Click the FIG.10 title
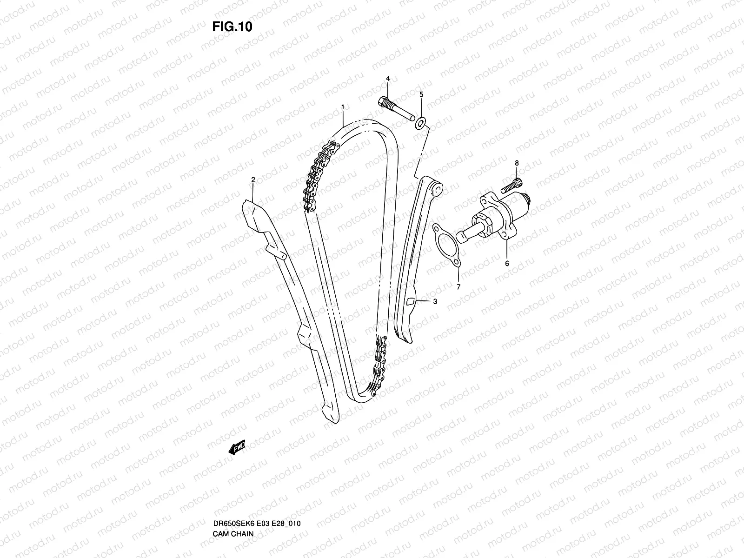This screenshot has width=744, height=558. (232, 27)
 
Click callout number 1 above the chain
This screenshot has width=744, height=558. (343, 107)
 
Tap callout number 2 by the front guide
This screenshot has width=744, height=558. (253, 179)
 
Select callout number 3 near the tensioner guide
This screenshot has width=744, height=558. (435, 301)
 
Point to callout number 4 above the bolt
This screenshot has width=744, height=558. (387, 79)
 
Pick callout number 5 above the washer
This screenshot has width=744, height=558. (421, 94)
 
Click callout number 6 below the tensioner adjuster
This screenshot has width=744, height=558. (507, 263)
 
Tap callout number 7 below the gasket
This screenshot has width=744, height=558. (458, 287)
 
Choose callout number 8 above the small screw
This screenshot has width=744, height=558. (516, 163)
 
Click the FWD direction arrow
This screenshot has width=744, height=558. (237, 448)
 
